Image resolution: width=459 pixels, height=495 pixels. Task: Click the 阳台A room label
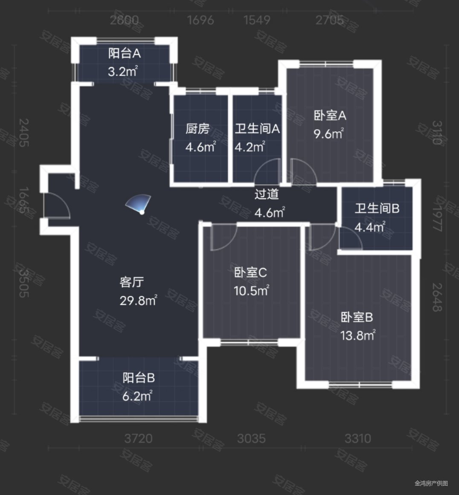tap(125, 53)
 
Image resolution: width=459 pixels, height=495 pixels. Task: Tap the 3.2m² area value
tap(123, 71)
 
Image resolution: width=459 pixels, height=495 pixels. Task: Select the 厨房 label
tap(198, 129)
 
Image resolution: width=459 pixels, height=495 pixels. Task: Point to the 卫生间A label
tap(257, 129)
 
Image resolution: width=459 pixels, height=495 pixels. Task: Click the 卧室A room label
tap(330, 116)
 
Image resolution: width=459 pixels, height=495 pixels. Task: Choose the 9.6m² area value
tap(329, 134)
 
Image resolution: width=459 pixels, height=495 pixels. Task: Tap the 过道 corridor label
tap(267, 194)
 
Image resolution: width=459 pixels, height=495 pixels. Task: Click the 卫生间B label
tap(377, 208)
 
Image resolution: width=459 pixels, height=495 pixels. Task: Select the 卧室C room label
tap(250, 272)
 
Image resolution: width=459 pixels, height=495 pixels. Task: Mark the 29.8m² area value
tap(138, 301)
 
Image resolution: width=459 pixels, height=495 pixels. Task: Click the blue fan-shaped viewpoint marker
tap(139, 203)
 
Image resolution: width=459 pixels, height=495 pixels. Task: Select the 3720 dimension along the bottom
tap(138, 438)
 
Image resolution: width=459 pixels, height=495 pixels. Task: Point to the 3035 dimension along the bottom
tap(251, 438)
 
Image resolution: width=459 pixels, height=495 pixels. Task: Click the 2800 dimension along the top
tap(124, 20)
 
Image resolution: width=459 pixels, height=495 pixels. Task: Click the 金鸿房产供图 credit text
tap(431, 483)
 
